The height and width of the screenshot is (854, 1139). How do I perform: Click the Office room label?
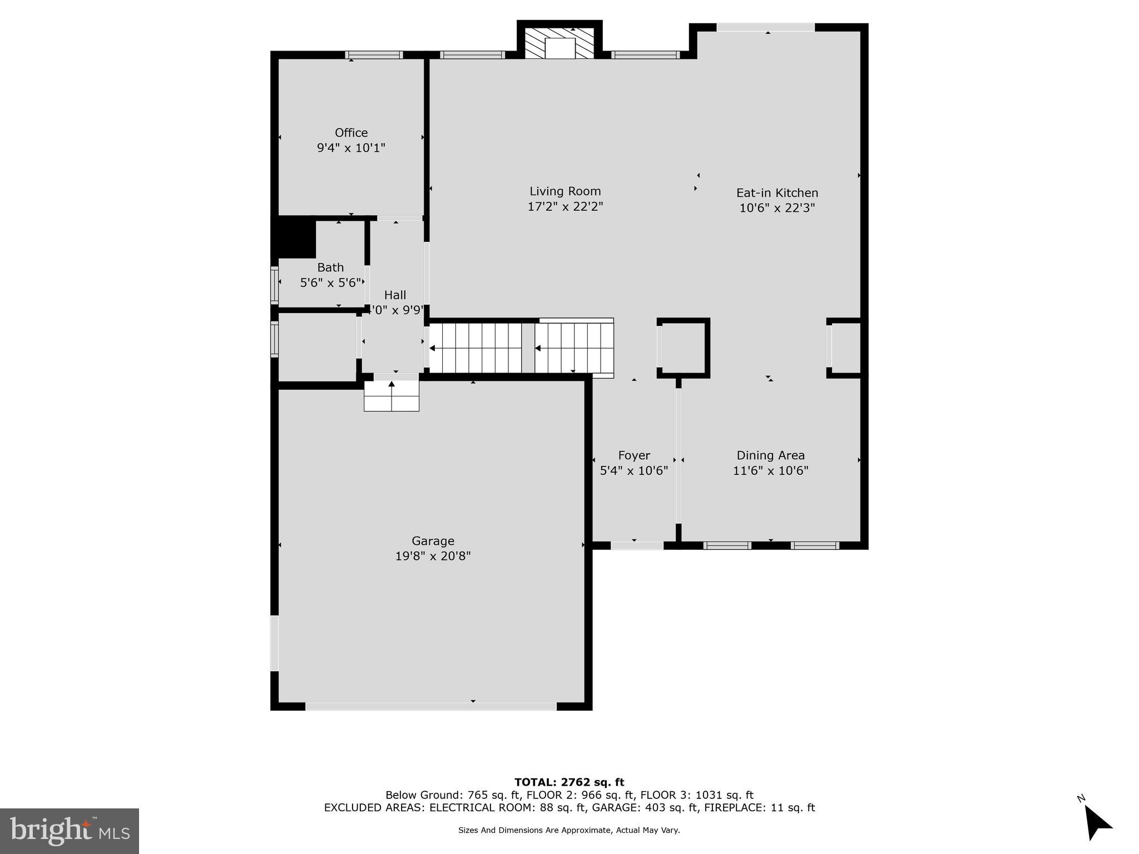pyautogui.click(x=351, y=133)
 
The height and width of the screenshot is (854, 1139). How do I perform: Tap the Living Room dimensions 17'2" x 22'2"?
pyautogui.click(x=565, y=207)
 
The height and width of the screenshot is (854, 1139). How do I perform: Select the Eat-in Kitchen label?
pyautogui.click(x=777, y=193)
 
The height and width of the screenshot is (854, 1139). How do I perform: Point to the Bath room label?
pyautogui.click(x=330, y=267)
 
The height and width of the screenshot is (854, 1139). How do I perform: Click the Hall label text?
pyautogui.click(x=395, y=295)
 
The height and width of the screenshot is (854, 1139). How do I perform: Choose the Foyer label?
pyautogui.click(x=633, y=456)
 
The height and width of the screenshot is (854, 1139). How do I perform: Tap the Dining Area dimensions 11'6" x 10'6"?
pyautogui.click(x=770, y=471)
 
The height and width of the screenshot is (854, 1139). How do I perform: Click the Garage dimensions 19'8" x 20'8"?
pyautogui.click(x=433, y=556)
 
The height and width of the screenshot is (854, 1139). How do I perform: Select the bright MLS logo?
pyautogui.click(x=69, y=831)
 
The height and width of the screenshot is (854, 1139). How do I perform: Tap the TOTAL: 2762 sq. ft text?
pyautogui.click(x=569, y=782)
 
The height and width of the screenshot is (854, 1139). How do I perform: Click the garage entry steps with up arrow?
pyautogui.click(x=392, y=396)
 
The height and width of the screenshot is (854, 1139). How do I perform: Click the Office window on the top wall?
pyautogui.click(x=374, y=54)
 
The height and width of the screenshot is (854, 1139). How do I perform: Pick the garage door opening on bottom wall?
pyautogui.click(x=431, y=706)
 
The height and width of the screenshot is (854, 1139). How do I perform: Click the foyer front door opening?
pyautogui.click(x=637, y=545)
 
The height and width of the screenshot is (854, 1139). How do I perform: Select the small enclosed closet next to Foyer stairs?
pyautogui.click(x=684, y=348)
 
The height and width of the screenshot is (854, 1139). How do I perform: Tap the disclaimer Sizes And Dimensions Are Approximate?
pyautogui.click(x=569, y=830)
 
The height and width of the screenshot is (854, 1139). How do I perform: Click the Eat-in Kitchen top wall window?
pyautogui.click(x=765, y=27)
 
